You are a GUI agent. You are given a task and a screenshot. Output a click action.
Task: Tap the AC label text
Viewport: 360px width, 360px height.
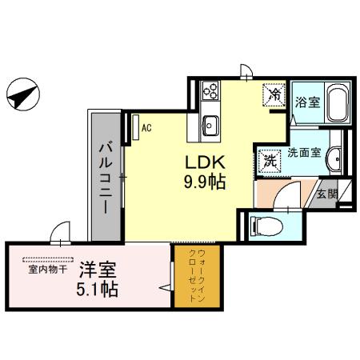146,126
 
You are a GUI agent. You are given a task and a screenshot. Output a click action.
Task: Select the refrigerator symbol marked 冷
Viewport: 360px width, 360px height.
274,94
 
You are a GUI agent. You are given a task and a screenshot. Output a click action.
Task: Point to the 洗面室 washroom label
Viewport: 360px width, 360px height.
305,152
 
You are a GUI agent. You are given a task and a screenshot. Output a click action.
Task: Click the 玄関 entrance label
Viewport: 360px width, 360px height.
326,194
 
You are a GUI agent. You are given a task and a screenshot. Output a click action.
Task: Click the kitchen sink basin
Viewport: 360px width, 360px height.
211,125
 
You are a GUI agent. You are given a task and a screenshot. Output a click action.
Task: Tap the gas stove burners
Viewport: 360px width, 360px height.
211,90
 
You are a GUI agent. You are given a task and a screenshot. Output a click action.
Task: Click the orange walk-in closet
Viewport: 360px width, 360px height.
199,280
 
